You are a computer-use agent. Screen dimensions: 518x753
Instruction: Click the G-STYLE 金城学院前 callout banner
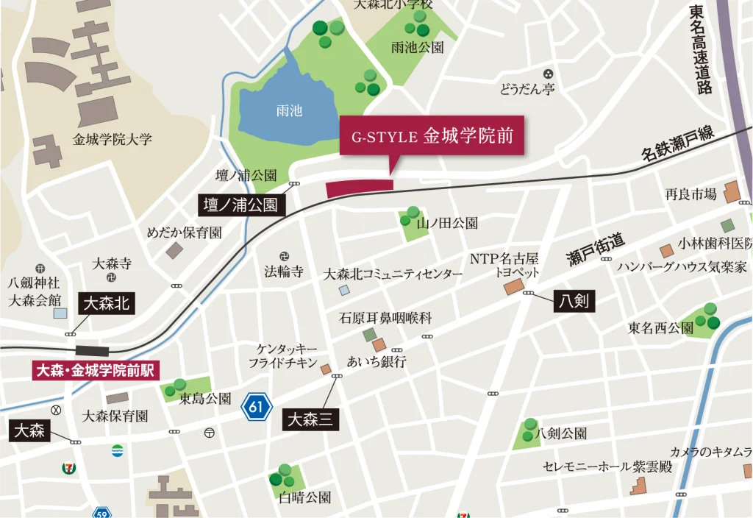(432, 135)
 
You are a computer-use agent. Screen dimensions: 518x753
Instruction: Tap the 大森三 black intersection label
(311, 419)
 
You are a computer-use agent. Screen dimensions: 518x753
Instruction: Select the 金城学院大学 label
(113, 139)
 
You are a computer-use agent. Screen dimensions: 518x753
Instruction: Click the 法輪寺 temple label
(284, 272)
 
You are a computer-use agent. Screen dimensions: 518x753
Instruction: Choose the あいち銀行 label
(376, 362)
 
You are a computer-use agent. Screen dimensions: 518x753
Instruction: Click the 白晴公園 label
(304, 497)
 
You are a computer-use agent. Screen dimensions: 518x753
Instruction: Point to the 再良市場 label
(690, 194)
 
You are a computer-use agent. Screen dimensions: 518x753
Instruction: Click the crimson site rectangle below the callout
(360, 188)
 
